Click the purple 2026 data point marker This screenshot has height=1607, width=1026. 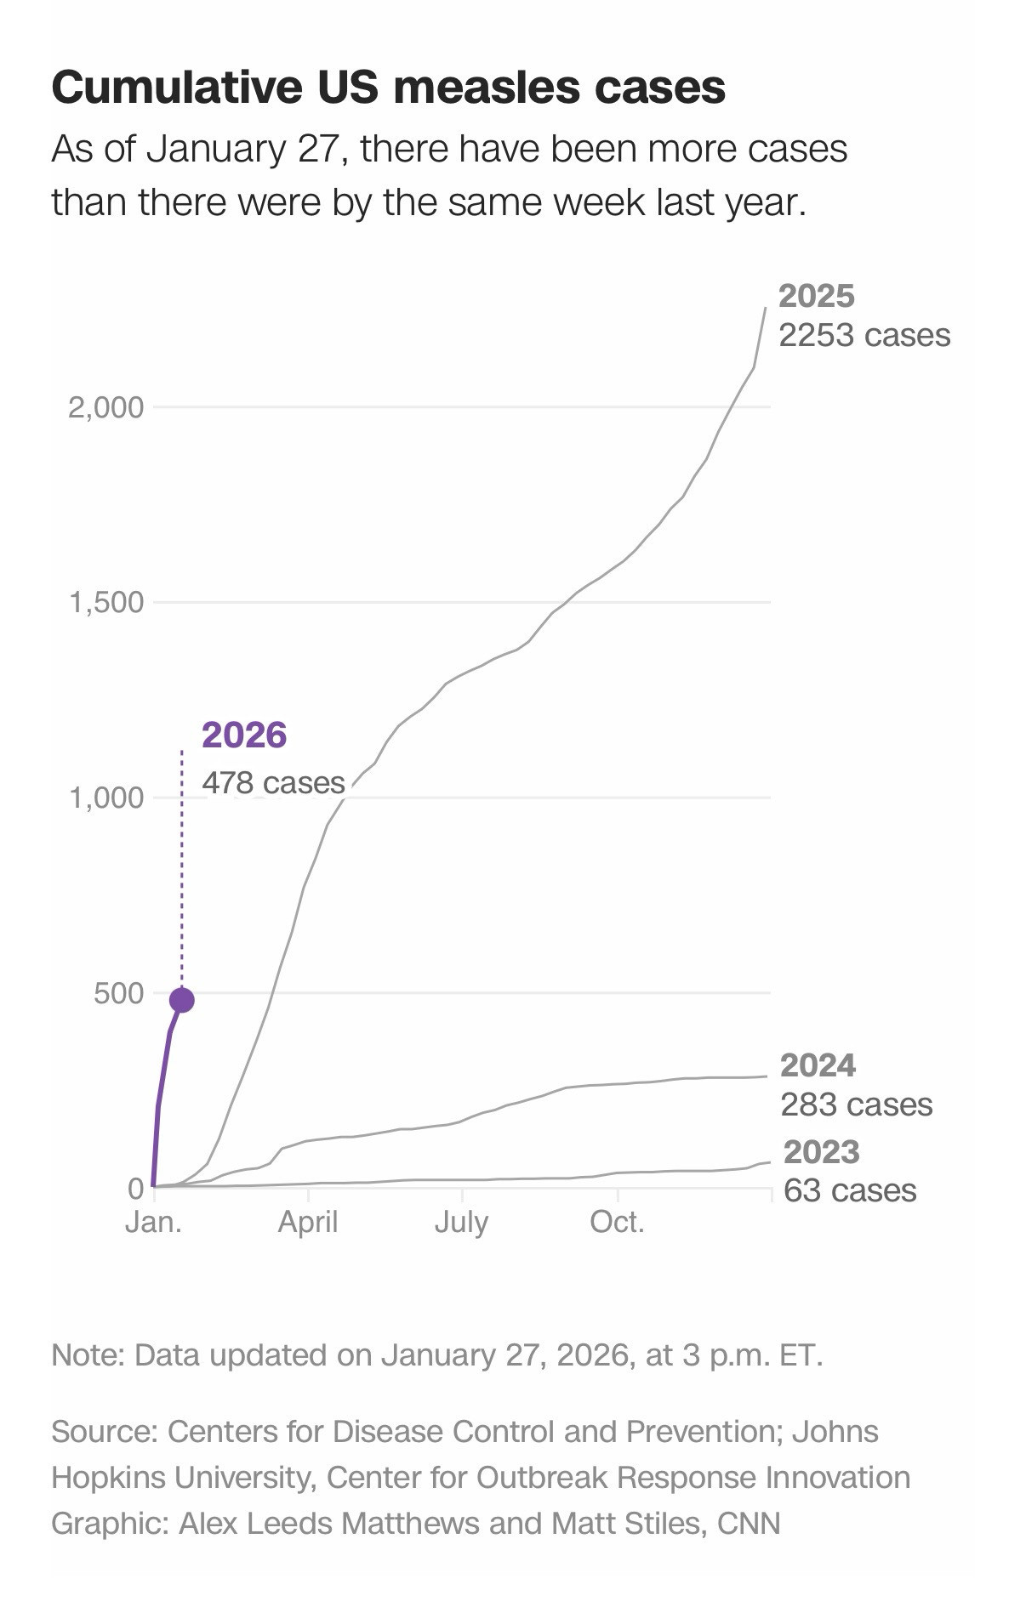coord(182,1000)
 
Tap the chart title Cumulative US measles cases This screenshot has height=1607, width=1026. coord(388,88)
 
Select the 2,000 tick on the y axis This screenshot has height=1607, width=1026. coord(106,407)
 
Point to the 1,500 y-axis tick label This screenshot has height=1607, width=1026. coord(106,603)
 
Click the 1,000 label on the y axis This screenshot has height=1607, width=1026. coord(106,798)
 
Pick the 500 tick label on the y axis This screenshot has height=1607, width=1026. coord(119,993)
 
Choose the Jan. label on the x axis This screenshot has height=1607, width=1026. coord(153,1222)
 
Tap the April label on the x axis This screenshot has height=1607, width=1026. coord(308,1222)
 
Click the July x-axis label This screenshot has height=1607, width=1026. coord(461,1222)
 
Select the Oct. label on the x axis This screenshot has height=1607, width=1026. coord(618,1222)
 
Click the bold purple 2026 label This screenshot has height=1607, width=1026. coord(244,735)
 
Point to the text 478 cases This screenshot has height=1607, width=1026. coord(273,782)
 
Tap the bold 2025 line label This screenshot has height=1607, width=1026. coord(817,296)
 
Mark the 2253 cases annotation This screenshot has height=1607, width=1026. coord(864,335)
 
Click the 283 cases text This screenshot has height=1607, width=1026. coord(857,1104)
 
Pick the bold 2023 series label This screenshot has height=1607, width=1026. coord(822,1152)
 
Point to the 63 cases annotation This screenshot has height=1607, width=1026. coord(850,1190)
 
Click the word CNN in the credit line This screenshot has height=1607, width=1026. coord(749,1523)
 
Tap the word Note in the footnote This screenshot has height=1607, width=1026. coord(86,1354)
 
